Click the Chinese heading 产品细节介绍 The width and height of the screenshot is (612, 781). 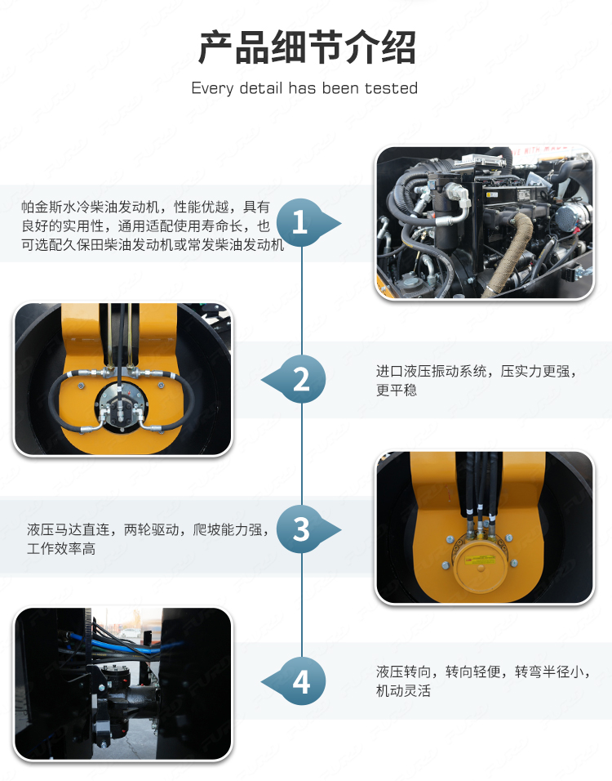[307, 47]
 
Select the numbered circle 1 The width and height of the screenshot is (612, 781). [299, 222]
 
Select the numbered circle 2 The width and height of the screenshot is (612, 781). [302, 380]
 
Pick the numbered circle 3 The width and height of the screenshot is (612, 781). [300, 529]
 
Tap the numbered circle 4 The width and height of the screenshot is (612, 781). [302, 682]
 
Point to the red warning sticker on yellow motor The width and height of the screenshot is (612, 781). [479, 560]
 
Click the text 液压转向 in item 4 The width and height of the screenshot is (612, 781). [403, 672]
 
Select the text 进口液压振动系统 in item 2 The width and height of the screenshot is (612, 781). [431, 371]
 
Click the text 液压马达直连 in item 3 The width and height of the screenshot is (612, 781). [69, 529]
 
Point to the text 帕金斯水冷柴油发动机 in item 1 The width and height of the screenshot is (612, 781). [91, 207]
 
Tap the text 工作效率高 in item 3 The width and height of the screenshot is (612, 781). [61, 548]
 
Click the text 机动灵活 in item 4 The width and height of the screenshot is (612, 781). [403, 691]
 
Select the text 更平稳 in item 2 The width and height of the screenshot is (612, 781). [396, 390]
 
